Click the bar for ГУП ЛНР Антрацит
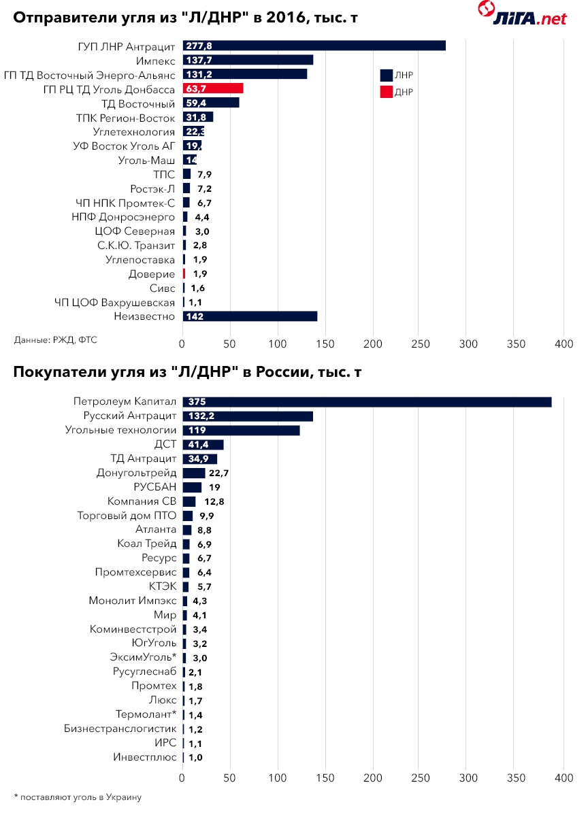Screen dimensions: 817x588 (x=314, y=46)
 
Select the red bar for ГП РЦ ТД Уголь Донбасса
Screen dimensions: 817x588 (x=212, y=88)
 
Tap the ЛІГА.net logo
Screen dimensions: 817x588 (x=521, y=14)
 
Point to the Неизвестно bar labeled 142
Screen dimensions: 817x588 (x=250, y=316)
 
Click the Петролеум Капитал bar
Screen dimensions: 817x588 (x=367, y=402)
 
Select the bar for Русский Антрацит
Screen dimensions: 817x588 (x=248, y=416)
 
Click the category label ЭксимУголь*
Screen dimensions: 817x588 (x=143, y=657)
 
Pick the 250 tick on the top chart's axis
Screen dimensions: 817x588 (x=421, y=344)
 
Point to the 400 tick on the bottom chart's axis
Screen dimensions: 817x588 (x=563, y=777)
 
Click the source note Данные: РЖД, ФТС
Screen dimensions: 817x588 (x=55, y=339)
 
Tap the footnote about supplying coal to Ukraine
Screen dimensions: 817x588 (x=82, y=796)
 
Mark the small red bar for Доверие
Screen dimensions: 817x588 (x=184, y=273)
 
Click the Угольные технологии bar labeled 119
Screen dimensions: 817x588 (x=241, y=430)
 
